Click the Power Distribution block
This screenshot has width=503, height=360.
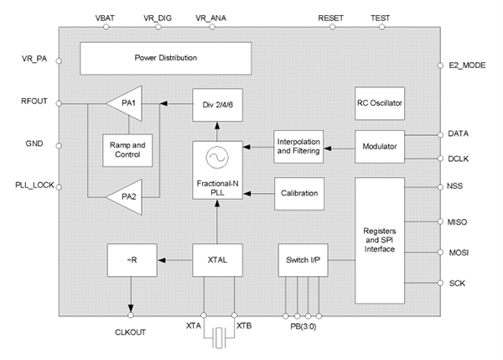coord(165,59)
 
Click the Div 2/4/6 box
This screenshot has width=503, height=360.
coord(217,104)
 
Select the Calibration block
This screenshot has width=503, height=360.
coord(299,193)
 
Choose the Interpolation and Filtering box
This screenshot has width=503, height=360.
coord(299,147)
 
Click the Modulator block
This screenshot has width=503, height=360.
coord(380,147)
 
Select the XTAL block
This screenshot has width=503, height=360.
coord(217,261)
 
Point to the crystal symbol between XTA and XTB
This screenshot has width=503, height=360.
coord(220,338)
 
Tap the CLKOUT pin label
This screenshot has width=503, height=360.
coord(132,331)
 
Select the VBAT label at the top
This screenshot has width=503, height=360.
coord(107,16)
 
